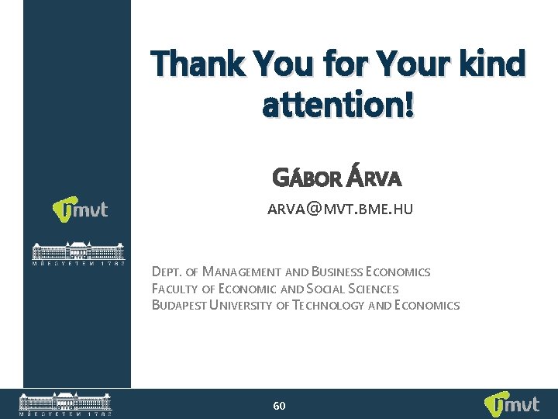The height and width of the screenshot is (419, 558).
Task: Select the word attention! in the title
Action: [x=339, y=106]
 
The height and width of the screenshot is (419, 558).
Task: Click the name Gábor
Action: [x=307, y=179]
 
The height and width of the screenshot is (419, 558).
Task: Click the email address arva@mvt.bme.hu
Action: [x=340, y=209]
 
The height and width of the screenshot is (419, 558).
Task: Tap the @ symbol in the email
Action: [x=312, y=209]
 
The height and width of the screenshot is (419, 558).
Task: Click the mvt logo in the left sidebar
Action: [x=80, y=209]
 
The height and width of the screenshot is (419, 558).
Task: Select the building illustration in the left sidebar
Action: [x=77, y=254]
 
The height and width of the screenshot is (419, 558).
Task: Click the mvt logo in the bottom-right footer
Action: [x=511, y=404]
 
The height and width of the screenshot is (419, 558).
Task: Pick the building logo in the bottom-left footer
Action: [x=65, y=404]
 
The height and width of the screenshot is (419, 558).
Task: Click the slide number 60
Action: [x=280, y=406]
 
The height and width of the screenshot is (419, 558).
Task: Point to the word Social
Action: [x=329, y=289]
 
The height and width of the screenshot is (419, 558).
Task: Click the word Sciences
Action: [x=376, y=289]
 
